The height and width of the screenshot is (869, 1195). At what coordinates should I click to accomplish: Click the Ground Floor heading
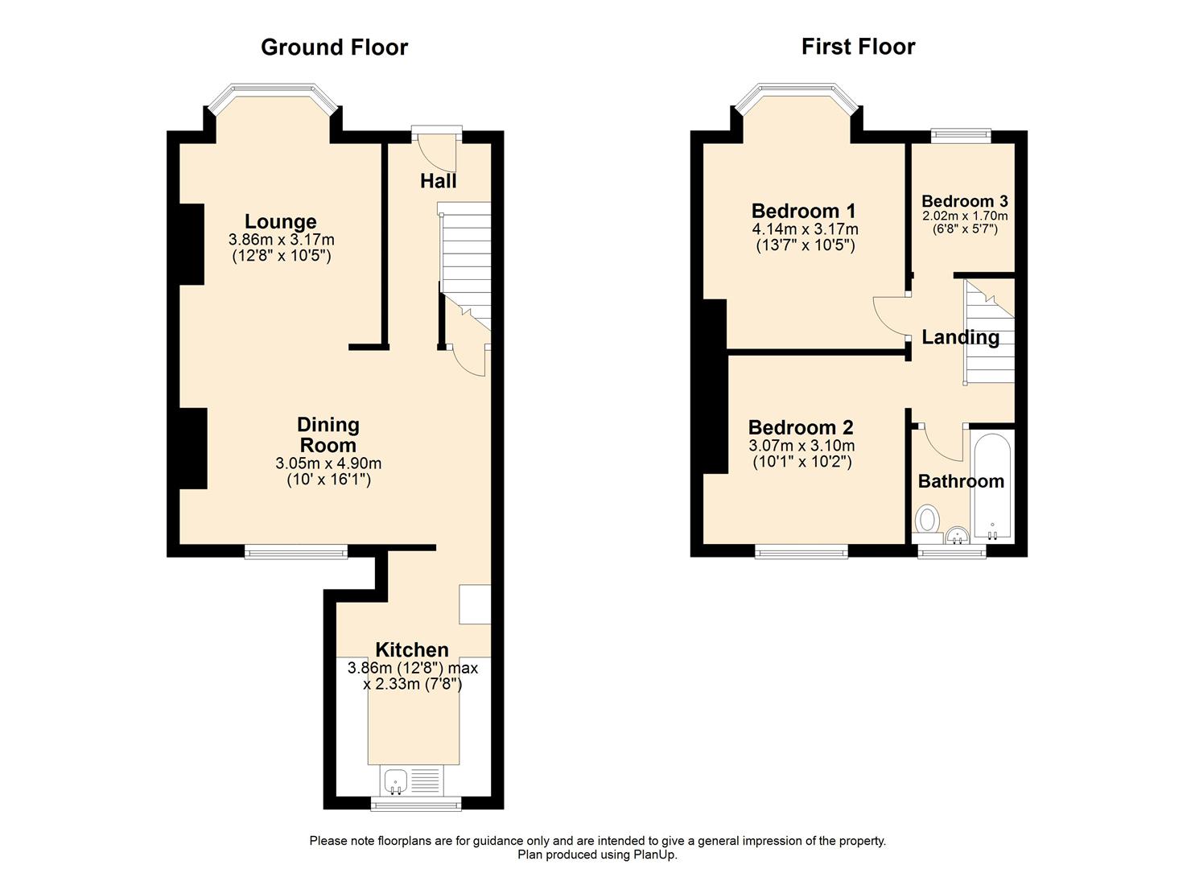tap(334, 47)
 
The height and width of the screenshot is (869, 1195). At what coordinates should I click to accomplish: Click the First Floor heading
tap(858, 47)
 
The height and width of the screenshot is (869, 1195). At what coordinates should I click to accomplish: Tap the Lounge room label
tap(280, 221)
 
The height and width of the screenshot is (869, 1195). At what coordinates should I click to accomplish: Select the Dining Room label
tap(328, 434)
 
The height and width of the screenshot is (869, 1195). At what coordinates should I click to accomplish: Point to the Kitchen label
tap(412, 649)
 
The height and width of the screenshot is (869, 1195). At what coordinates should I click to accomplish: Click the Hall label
tap(438, 181)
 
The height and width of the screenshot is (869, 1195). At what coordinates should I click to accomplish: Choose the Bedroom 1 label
tap(803, 211)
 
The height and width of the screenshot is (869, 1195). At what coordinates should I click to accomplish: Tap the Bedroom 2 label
tap(801, 427)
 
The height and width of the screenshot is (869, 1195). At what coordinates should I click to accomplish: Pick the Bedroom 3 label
tap(965, 201)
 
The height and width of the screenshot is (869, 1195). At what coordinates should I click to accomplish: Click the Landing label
tap(960, 337)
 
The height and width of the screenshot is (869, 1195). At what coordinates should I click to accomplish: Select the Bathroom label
tap(961, 481)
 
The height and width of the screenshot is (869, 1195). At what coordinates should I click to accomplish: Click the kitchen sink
tap(395, 780)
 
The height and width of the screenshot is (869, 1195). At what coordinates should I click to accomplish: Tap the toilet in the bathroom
tap(928, 519)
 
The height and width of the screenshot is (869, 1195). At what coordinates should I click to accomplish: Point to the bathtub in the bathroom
tap(992, 488)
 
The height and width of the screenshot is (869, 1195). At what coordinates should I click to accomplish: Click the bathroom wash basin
tap(958, 535)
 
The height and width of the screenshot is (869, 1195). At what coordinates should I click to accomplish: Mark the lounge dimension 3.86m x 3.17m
tap(281, 240)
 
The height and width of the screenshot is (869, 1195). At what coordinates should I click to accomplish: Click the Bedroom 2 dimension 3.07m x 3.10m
tap(801, 446)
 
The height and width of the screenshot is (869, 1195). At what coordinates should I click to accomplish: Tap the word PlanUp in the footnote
tap(657, 855)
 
